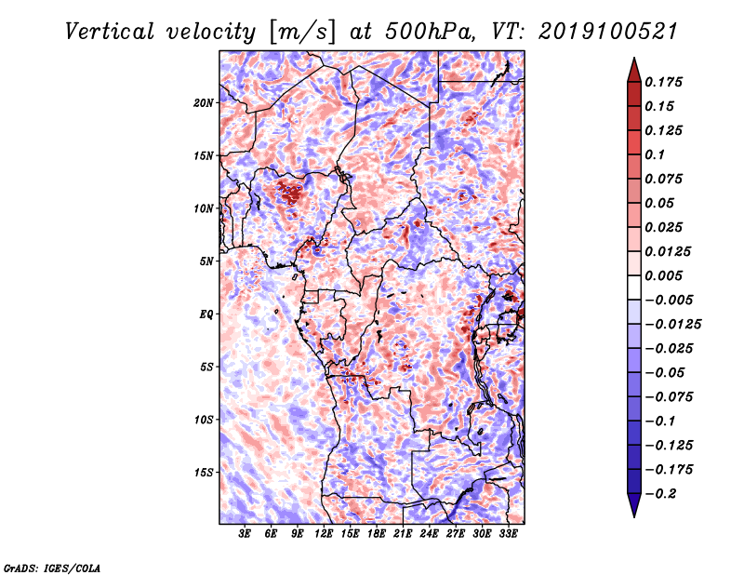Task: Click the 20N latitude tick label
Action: [204, 103]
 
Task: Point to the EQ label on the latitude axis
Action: [206, 314]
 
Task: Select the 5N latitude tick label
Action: [206, 261]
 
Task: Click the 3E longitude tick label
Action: [245, 534]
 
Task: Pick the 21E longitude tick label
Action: [403, 534]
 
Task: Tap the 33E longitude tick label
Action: [508, 534]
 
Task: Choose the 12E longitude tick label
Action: [324, 534]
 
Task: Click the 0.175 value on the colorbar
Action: [663, 82]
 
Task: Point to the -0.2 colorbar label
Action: [660, 494]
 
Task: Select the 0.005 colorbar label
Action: [663, 275]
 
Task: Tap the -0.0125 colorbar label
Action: [672, 325]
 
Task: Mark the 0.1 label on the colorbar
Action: [655, 154]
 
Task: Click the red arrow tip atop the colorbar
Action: [634, 59]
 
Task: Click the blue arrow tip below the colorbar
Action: [634, 515]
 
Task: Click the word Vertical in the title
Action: [110, 32]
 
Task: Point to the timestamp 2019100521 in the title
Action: [608, 32]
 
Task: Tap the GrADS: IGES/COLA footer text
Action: [52, 568]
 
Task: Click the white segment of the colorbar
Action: [634, 287]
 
